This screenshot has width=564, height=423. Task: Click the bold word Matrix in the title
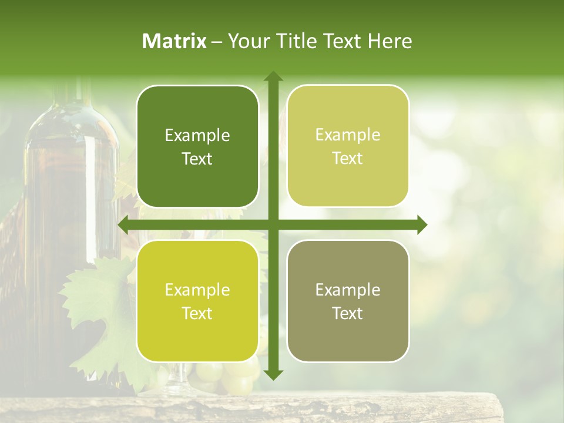click(x=174, y=41)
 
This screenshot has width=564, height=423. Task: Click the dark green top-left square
click(x=197, y=146)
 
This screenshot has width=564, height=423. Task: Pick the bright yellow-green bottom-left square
click(x=197, y=301)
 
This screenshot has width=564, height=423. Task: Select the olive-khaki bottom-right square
click(x=348, y=301)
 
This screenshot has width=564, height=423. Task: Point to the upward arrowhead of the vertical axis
click(x=273, y=77)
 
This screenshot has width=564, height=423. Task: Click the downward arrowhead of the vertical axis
click(x=273, y=374)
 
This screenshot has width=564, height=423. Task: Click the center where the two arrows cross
click(x=273, y=225)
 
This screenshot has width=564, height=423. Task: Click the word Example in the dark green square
click(x=197, y=136)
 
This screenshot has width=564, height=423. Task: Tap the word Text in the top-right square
click(x=347, y=159)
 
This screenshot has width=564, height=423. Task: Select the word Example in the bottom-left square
click(x=197, y=290)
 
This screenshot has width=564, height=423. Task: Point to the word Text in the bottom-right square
click(x=347, y=314)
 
